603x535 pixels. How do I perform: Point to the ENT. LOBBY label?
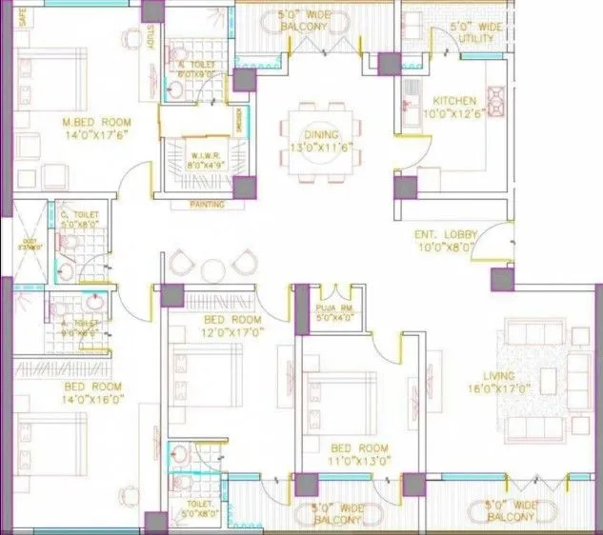pos(441,235)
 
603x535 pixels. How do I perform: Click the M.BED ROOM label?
pos(94,123)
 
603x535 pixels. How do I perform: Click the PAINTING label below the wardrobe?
pos(208,204)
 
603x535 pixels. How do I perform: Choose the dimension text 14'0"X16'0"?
pos(92,401)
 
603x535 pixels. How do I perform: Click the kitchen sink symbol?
pos(412,92)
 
